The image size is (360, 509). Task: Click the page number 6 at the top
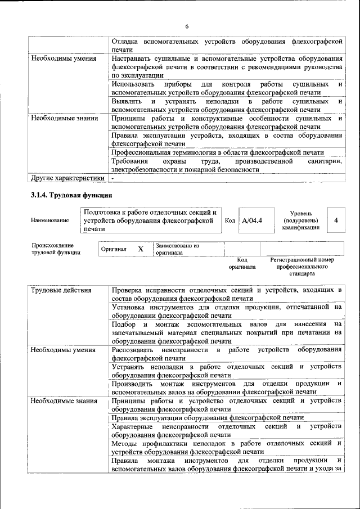pos(187,26)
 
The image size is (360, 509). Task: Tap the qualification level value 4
pos(336,220)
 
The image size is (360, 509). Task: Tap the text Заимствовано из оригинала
pos(177,249)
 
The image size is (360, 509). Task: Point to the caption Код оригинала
pos(242,263)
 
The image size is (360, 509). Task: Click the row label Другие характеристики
pos(67,178)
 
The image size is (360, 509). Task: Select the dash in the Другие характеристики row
pos(113,178)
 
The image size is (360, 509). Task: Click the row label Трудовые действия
pos(61,290)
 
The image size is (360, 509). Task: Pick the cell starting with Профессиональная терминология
pos(217,152)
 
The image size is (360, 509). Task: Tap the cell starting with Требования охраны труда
pos(227,165)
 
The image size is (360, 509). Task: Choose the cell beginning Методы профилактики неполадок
pos(227,447)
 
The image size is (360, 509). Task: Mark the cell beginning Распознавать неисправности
pos(227,354)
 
